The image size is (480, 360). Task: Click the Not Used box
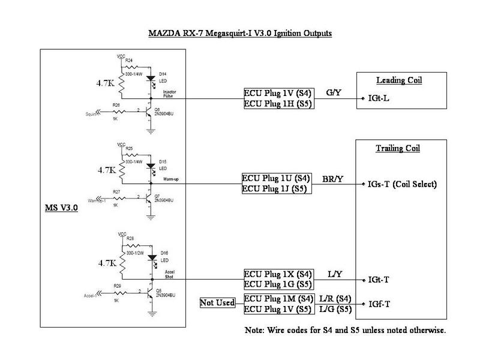point(217,303)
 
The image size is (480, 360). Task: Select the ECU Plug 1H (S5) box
point(277,104)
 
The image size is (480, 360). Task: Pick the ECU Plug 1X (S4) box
point(277,274)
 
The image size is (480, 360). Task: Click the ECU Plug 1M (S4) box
point(277,298)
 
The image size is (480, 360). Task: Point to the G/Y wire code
point(333,92)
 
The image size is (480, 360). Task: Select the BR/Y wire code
point(334,178)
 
